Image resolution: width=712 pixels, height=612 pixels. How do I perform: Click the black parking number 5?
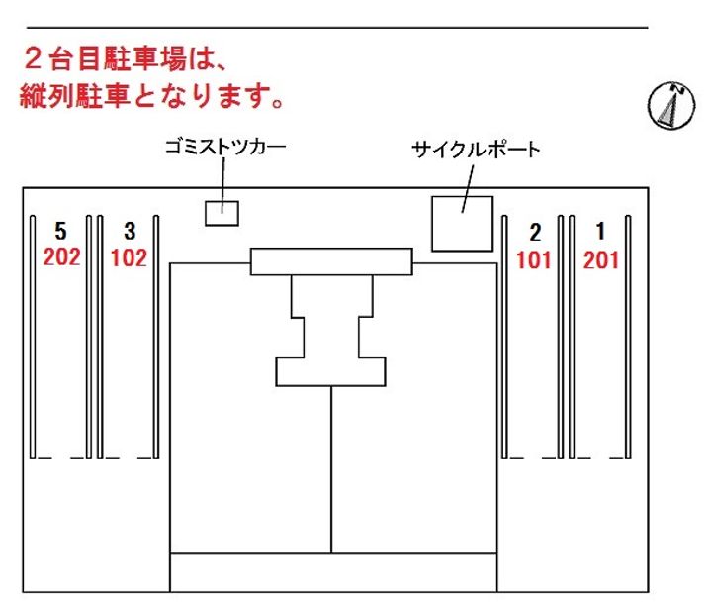[61, 231]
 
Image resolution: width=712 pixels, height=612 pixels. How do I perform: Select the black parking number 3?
[130, 231]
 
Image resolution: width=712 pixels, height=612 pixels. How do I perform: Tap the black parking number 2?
[535, 233]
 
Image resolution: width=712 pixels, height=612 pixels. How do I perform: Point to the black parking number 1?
[601, 231]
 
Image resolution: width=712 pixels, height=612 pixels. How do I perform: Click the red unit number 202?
[61, 256]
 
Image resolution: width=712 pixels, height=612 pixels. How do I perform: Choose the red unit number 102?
[129, 257]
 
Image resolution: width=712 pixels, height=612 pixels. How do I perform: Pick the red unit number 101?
[534, 260]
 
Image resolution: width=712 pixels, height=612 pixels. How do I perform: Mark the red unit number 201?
[601, 260]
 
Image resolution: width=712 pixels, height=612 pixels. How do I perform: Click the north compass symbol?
[671, 106]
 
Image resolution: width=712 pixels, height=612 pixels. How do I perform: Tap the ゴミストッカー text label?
[225, 147]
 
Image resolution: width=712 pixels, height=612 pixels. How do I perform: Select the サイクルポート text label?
[476, 150]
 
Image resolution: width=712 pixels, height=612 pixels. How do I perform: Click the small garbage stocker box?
[222, 213]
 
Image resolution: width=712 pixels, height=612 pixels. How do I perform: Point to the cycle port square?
[462, 224]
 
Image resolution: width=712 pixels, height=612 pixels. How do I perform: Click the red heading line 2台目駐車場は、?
[125, 59]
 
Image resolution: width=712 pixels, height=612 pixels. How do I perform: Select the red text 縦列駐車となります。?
[152, 96]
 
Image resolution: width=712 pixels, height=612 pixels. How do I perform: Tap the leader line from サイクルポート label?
[468, 188]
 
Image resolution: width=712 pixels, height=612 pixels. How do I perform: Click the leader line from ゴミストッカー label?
[222, 185]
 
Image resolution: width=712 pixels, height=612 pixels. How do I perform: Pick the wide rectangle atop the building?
[331, 261]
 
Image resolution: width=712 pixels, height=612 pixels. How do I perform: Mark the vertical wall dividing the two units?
[331, 469]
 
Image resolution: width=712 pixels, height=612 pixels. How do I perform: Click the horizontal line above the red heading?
[337, 28]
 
